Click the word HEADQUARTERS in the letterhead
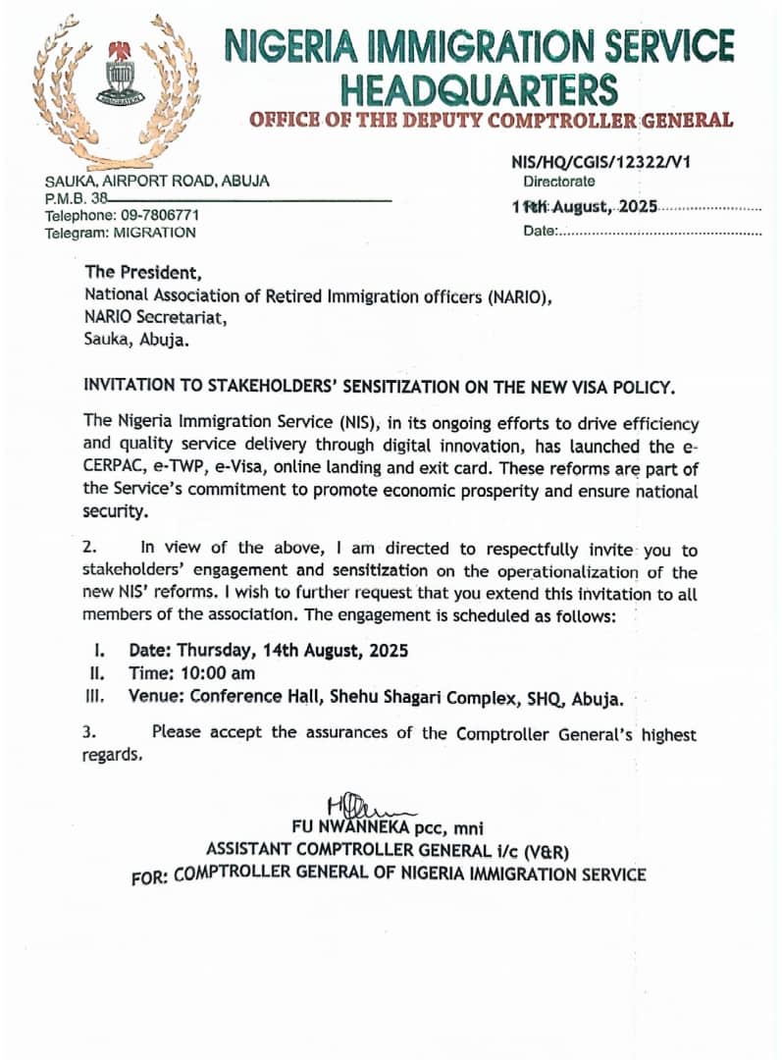tap(479, 89)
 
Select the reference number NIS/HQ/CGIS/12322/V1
tap(600, 163)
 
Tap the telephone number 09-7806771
tap(159, 215)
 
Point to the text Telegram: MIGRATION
tap(120, 233)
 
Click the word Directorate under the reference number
tap(558, 182)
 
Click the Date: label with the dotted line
tap(542, 232)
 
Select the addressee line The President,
tap(143, 273)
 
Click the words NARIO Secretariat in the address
tap(155, 318)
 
